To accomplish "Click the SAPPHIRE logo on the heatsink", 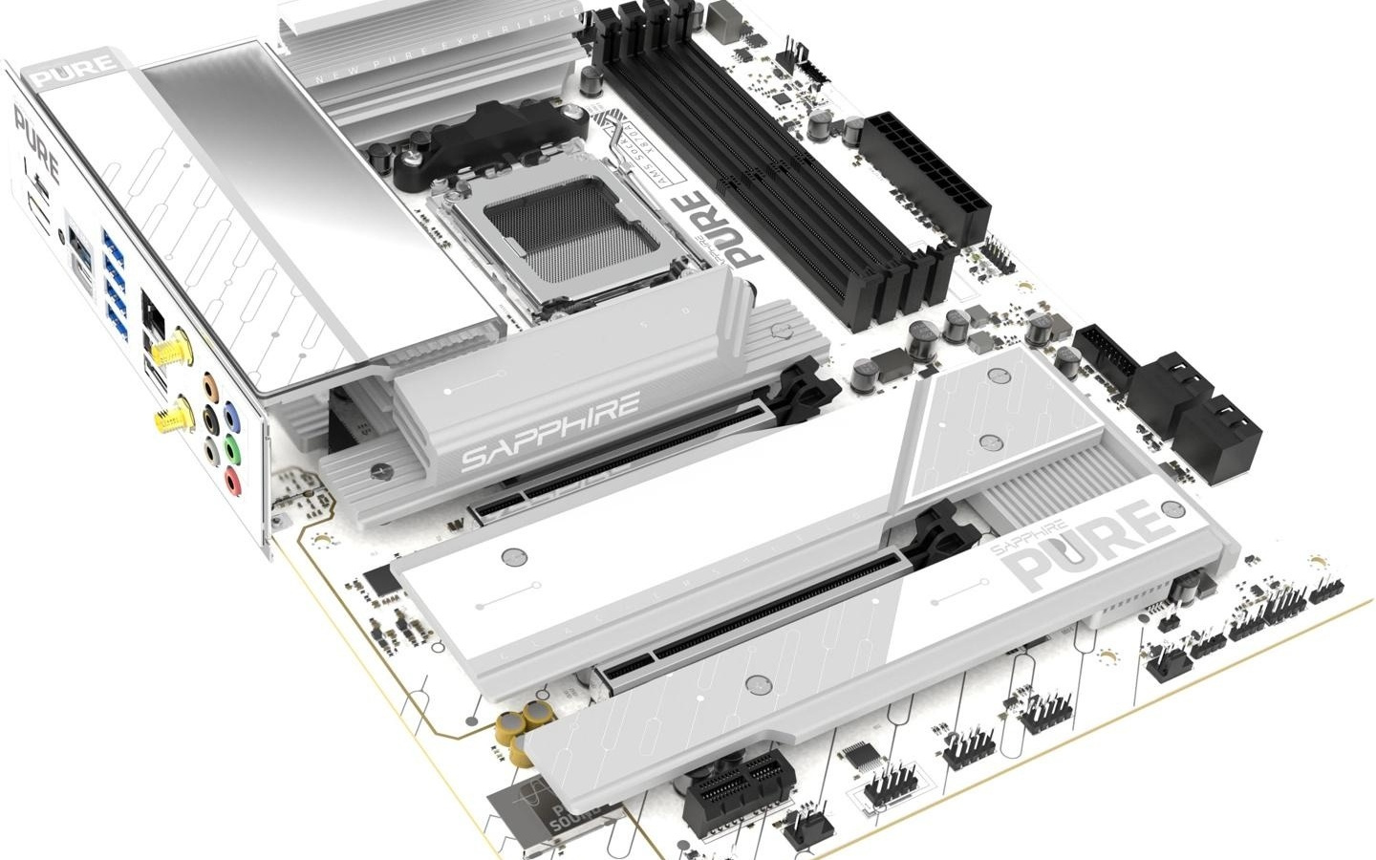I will coord(548,431).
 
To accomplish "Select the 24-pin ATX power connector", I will coord(926,177).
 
